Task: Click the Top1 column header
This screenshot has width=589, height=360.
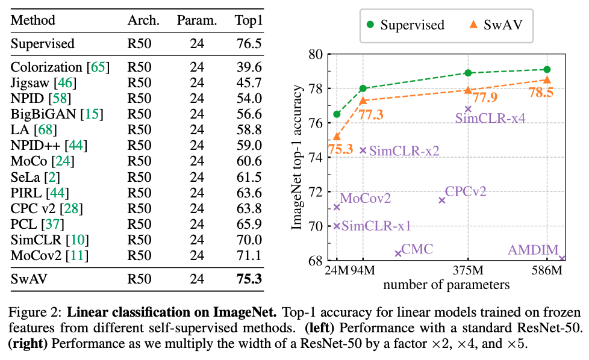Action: coord(248,20)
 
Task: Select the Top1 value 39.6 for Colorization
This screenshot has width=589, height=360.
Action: coord(249,67)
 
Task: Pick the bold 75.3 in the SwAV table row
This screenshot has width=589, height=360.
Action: coord(249,279)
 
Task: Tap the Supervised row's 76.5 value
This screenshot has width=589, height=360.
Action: coord(249,44)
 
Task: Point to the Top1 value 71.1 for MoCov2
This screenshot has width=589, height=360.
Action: coord(249,256)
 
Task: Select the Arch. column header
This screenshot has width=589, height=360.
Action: coord(143,20)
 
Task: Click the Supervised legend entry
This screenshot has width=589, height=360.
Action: coord(405,25)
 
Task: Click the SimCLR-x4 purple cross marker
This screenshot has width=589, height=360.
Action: coord(468,109)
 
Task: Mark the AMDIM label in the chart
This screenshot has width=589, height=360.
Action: coord(534,249)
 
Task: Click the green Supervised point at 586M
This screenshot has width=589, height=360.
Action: coord(547,70)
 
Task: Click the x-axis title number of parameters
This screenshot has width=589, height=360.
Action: coord(446,284)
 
